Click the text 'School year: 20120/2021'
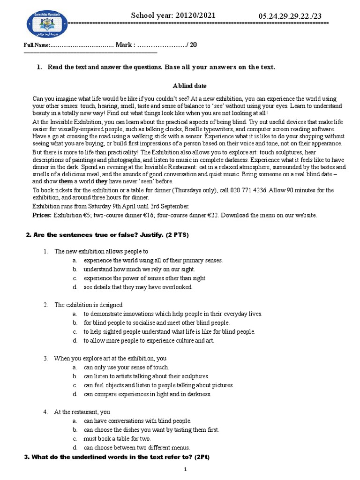[x=173, y=15]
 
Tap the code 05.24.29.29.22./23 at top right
[x=290, y=17]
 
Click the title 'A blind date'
[x=189, y=86]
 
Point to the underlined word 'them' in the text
[x=66, y=181]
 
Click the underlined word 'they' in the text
[x=102, y=181]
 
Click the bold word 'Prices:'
[x=42, y=215]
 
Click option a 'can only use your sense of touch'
[x=126, y=367]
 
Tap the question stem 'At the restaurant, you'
[x=82, y=412]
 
